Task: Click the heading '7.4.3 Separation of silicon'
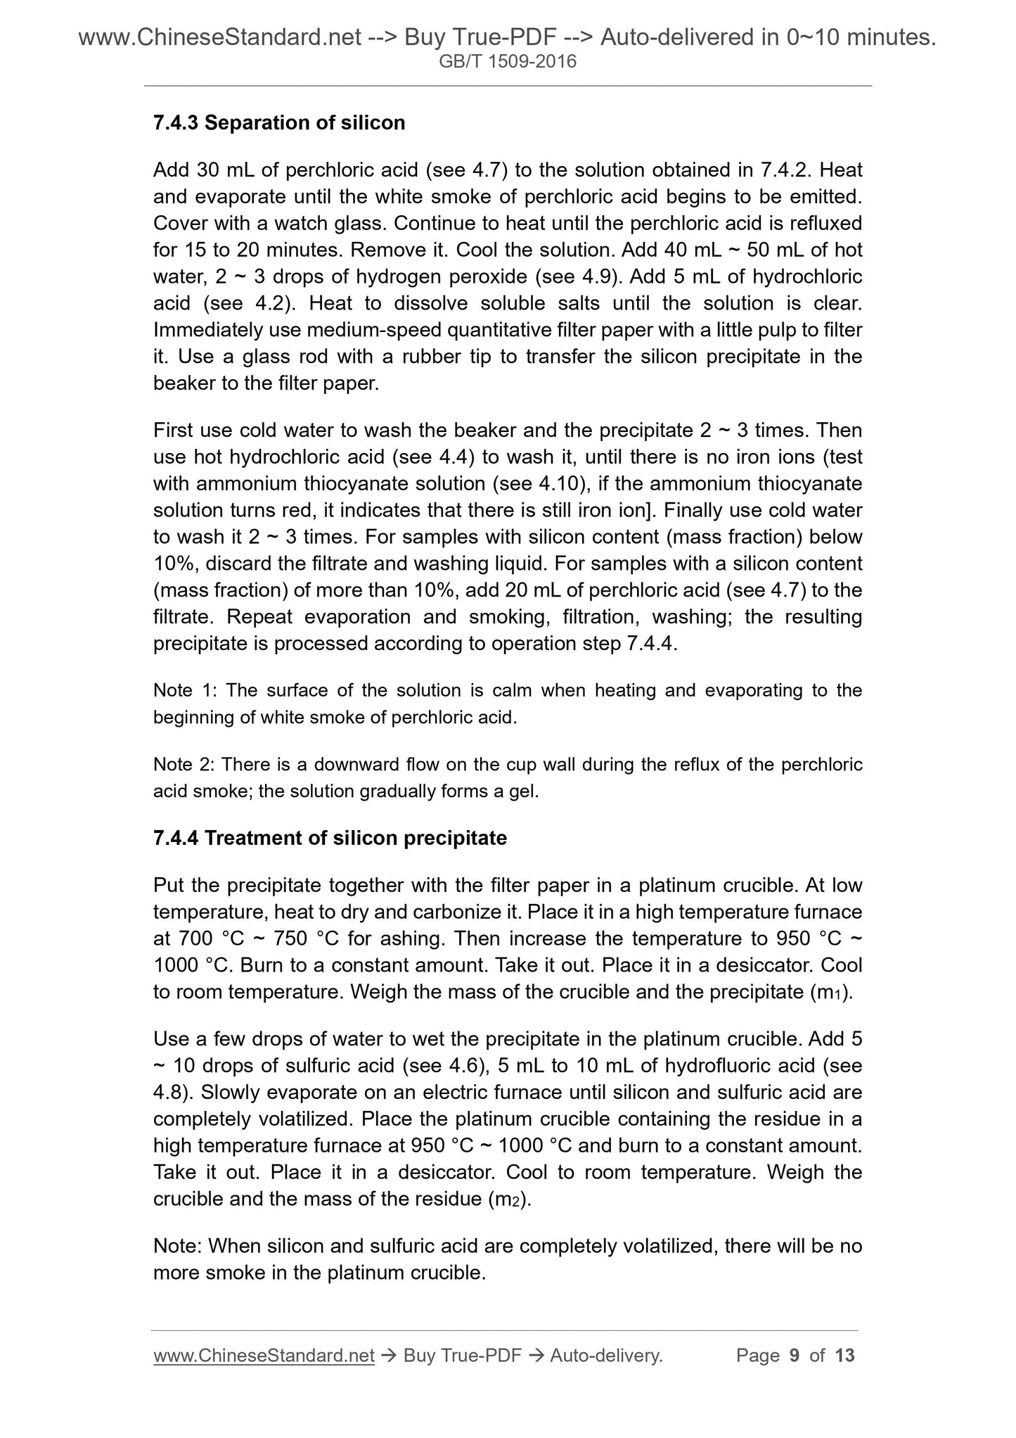(279, 123)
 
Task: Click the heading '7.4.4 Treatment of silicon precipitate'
(330, 838)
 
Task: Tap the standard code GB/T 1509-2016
(508, 62)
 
